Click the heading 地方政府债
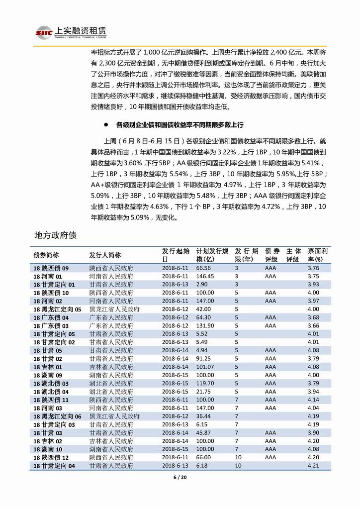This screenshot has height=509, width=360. pos(55,234)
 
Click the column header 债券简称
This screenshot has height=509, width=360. pos(46,255)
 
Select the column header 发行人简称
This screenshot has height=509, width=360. pos(105,255)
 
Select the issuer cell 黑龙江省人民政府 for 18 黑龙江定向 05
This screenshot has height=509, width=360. pos(114,309)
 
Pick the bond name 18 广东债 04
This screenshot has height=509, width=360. pos(51,317)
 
